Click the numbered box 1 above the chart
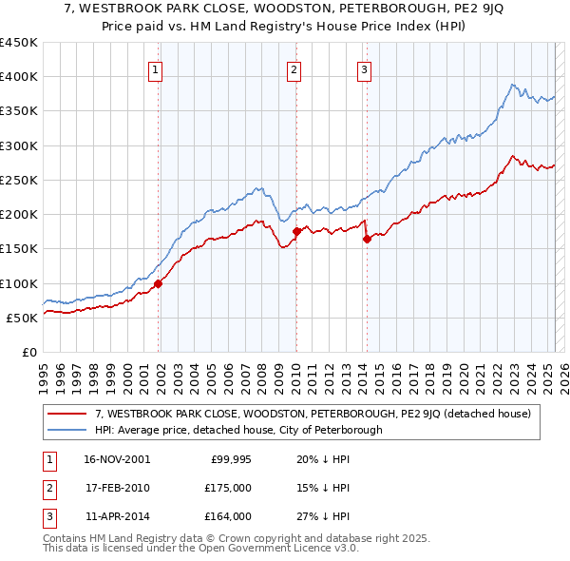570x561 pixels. tap(155, 68)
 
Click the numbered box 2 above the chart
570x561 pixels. tap(294, 68)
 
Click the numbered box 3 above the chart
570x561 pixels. tap(364, 68)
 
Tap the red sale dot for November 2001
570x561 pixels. tap(159, 282)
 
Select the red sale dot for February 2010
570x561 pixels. tap(296, 231)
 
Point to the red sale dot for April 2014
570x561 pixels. tap(367, 239)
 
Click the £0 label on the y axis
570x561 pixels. tap(29, 352)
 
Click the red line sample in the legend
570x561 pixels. tap(67, 414)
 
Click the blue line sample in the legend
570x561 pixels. tap(67, 430)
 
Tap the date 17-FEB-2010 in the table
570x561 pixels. tap(116, 488)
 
